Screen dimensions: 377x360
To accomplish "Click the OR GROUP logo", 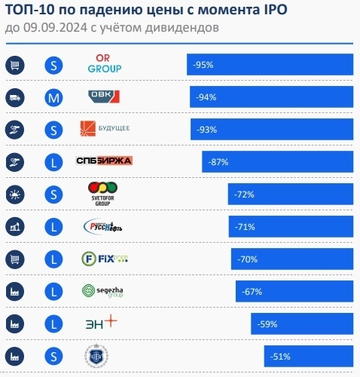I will [x=105, y=64].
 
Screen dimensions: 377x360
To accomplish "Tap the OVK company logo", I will [x=105, y=97].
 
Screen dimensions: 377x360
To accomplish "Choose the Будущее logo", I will [x=105, y=129].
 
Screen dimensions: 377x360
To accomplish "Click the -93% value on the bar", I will [x=206, y=130].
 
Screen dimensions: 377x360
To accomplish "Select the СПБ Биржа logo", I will [x=105, y=161].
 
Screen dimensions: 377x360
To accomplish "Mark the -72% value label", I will [x=244, y=195].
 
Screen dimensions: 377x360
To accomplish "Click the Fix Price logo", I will [x=105, y=259].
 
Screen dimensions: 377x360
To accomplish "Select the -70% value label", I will [x=247, y=259].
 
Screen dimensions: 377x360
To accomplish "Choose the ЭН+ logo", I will [x=100, y=323].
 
